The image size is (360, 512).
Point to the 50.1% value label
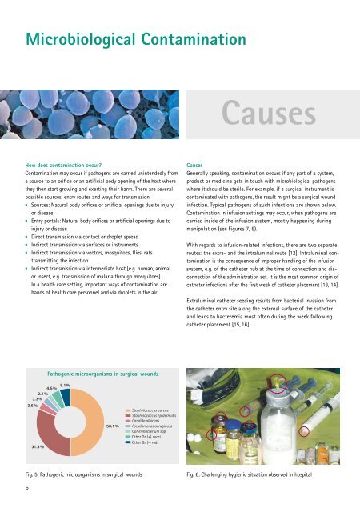coord(112,426)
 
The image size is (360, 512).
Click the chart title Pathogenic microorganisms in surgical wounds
coord(98,374)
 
